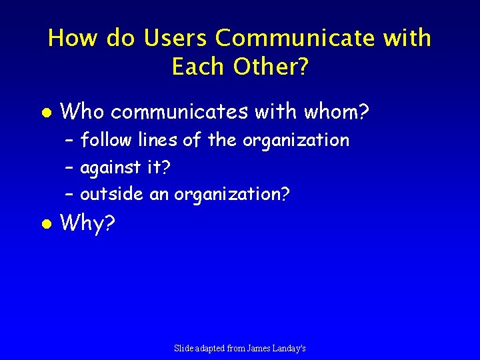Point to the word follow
click(107, 140)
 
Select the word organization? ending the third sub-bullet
click(232, 195)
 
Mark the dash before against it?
click(69, 168)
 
